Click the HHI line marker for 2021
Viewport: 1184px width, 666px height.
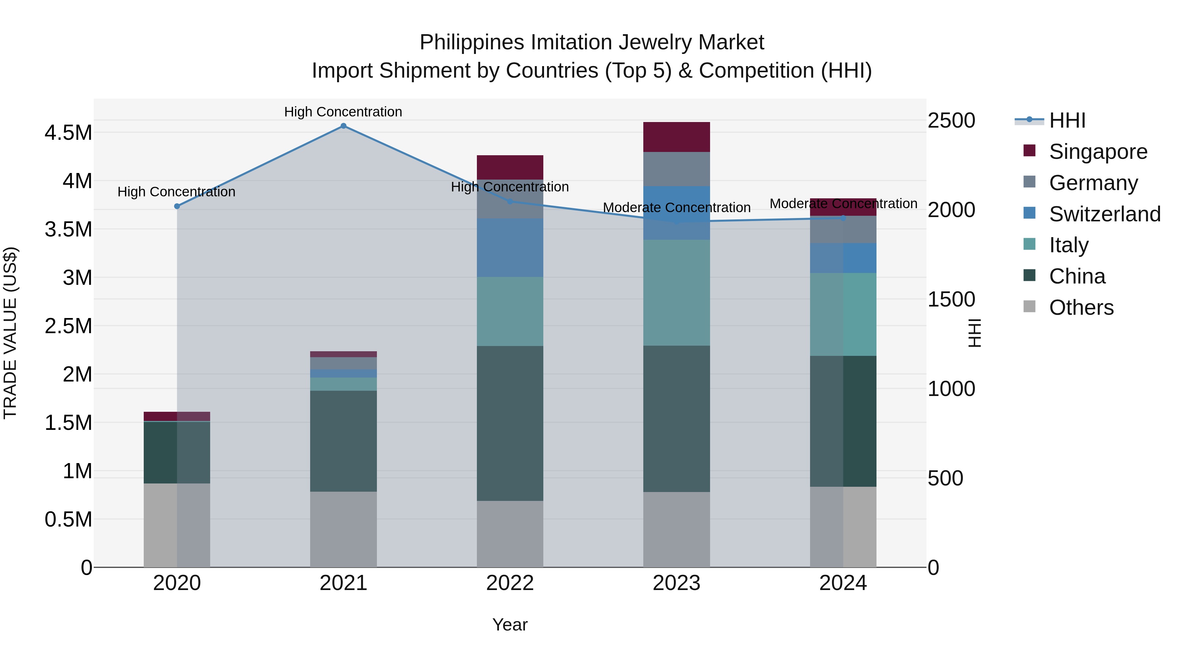pyautogui.click(x=343, y=126)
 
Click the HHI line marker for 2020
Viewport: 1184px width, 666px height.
pyautogui.click(x=177, y=206)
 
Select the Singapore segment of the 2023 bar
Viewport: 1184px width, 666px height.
pyautogui.click(x=676, y=137)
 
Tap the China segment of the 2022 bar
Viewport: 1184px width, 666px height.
pyautogui.click(x=510, y=423)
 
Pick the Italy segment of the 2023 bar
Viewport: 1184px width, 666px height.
pyautogui.click(x=676, y=292)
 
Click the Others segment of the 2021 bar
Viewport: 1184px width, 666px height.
pyautogui.click(x=343, y=529)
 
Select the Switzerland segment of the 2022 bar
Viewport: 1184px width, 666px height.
pyautogui.click(x=510, y=248)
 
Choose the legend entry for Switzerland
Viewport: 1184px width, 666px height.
pyautogui.click(x=1104, y=214)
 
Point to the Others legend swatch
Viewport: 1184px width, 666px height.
pyautogui.click(x=1029, y=307)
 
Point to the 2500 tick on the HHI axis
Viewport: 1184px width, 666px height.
pyautogui.click(x=951, y=120)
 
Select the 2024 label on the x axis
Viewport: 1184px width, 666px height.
pyautogui.click(x=843, y=583)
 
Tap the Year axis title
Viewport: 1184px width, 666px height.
pyautogui.click(x=510, y=625)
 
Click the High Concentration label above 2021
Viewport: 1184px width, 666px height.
pyautogui.click(x=343, y=112)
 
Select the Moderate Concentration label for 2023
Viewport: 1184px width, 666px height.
pyautogui.click(x=676, y=208)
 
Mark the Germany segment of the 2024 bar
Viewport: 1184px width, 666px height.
pyautogui.click(x=843, y=229)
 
